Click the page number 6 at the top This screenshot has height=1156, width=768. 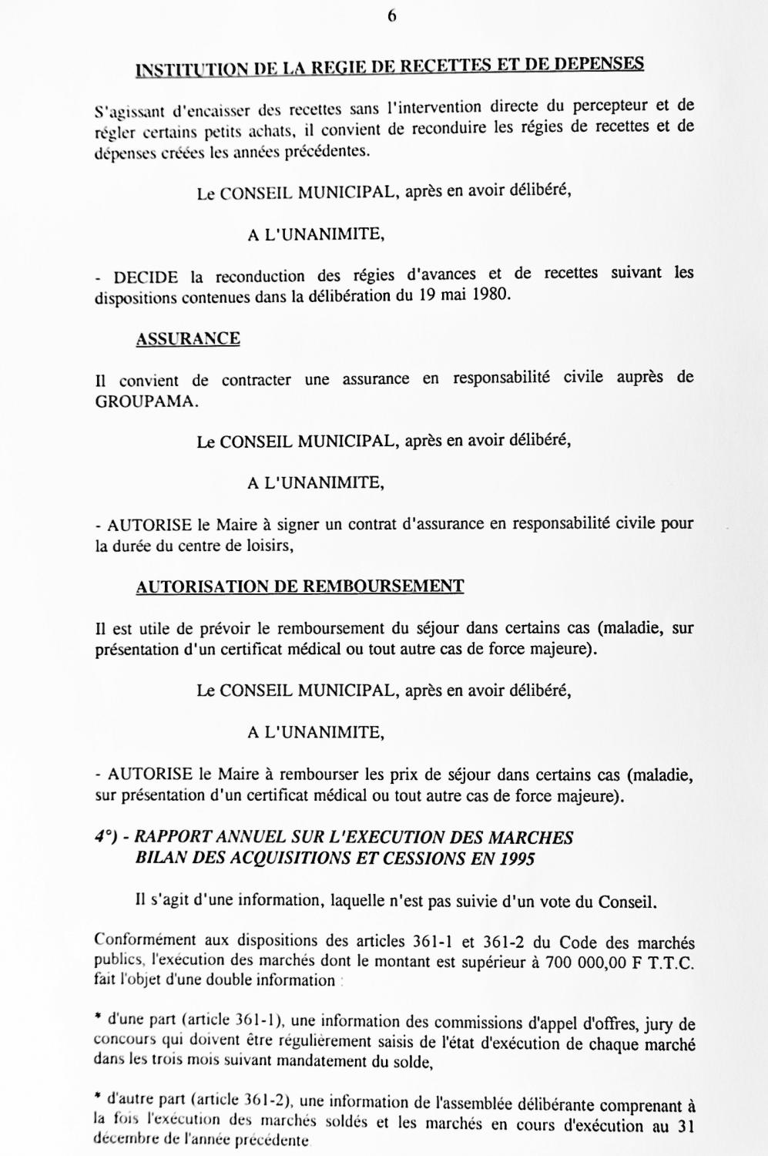[x=391, y=15]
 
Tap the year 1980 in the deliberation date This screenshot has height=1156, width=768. [x=489, y=294]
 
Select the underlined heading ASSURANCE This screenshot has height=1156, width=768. [x=188, y=339]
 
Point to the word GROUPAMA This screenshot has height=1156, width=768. [x=146, y=402]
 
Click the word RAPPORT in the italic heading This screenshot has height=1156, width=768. [x=173, y=838]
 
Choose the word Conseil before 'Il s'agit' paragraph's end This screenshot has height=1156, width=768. [x=630, y=900]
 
